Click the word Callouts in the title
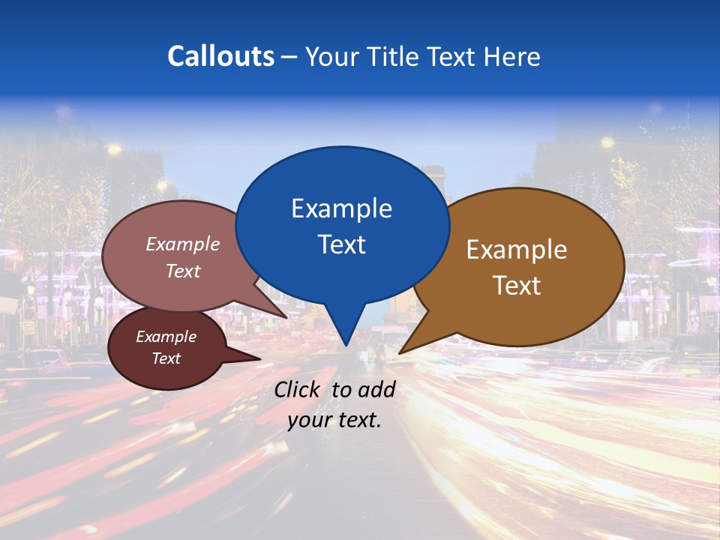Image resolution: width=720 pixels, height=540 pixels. [220, 56]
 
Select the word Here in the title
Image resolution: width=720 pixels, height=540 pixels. [513, 56]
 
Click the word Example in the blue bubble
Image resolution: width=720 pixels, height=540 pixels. [341, 208]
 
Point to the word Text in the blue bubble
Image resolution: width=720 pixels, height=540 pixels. [341, 244]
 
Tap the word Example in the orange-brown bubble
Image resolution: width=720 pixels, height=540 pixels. [517, 250]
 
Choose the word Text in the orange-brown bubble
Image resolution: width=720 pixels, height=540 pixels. [517, 285]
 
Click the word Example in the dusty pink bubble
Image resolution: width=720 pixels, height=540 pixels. [183, 244]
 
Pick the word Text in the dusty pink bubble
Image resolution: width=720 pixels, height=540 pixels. [183, 271]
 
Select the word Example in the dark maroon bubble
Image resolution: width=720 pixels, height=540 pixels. [166, 337]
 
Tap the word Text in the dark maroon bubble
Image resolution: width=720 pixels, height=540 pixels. [166, 358]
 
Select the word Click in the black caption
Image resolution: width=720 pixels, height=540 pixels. [297, 389]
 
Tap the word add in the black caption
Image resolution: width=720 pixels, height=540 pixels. [376, 389]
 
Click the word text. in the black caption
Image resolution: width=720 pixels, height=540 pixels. [358, 420]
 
